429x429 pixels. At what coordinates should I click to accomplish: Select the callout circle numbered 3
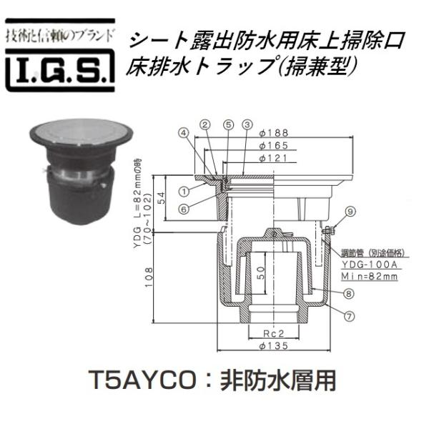pyautogui.click(x=246, y=125)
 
